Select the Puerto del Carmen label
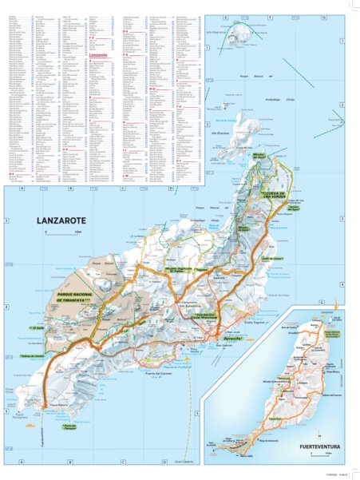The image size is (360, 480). point(159,352)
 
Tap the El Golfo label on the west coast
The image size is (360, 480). point(39,328)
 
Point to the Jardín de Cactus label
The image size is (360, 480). point(273,260)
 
